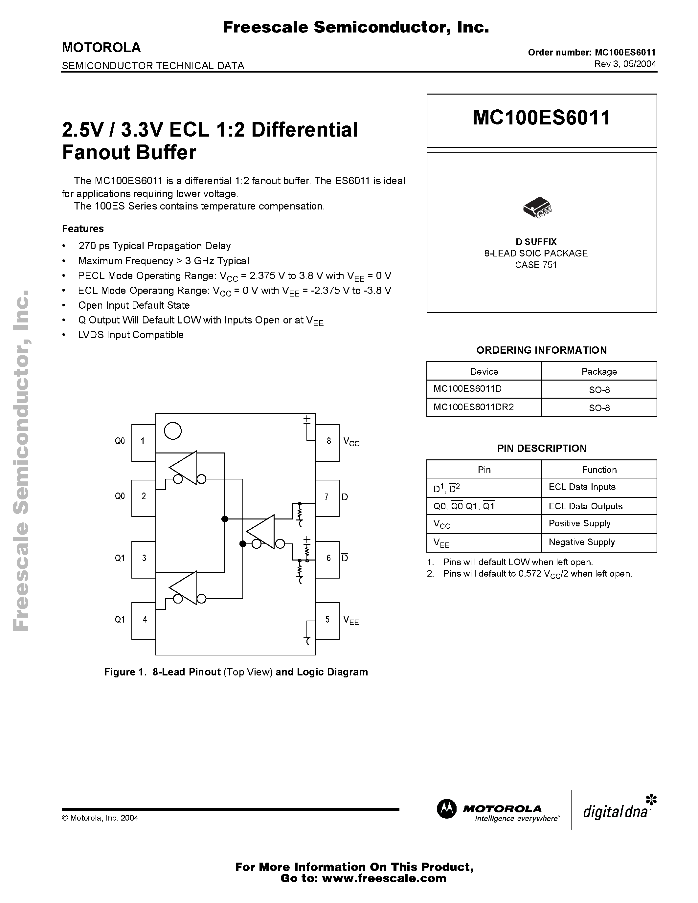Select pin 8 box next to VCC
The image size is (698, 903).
coord(327,442)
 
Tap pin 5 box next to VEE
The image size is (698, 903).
coord(327,620)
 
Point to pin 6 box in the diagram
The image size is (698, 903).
coord(327,559)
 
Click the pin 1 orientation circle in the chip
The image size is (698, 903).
coord(173,431)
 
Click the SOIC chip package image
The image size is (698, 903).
coord(537,207)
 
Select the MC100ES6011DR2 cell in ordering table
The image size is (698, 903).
coord(484,407)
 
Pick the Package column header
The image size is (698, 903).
coord(599,371)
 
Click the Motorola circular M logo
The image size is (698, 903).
coord(447,809)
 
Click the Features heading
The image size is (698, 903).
coord(83,229)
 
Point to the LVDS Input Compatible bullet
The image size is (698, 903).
coord(131,335)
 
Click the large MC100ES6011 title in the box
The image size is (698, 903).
coord(541,118)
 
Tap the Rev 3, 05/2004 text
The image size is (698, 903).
coord(625,64)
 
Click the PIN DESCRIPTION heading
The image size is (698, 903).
coord(542,448)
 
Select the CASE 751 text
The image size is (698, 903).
coord(536,265)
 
